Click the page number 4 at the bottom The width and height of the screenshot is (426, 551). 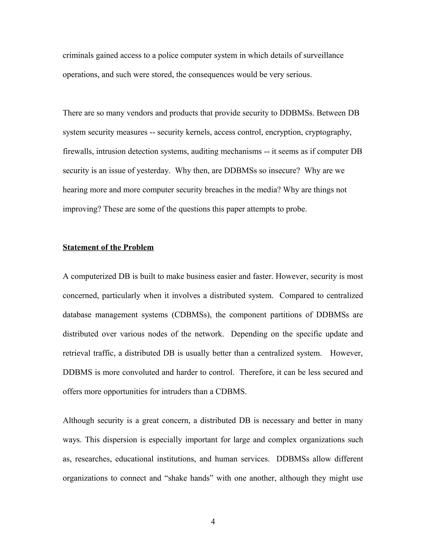(x=213, y=521)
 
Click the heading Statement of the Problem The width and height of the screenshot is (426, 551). (x=108, y=247)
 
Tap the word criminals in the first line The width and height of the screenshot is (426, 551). (x=78, y=55)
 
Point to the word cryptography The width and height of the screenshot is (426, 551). (x=328, y=132)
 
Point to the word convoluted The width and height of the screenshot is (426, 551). (x=141, y=372)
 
